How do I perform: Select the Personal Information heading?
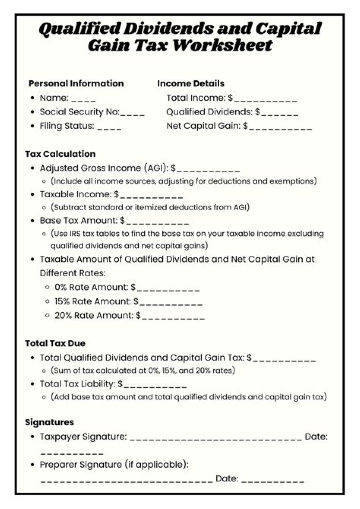click(x=76, y=83)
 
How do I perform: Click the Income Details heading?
click(x=191, y=83)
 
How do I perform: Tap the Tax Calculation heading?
click(x=60, y=154)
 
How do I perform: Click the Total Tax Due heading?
click(x=55, y=343)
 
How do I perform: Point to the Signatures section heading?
click(x=49, y=422)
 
